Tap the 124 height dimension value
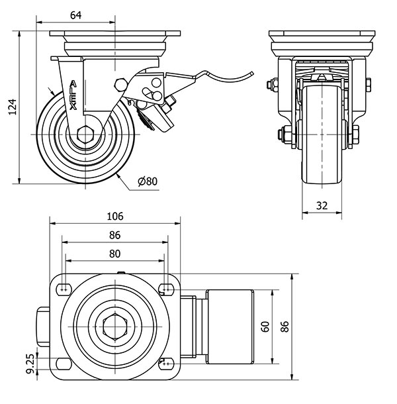(x=11, y=107)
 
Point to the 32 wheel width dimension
(x=322, y=205)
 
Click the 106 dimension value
(x=114, y=216)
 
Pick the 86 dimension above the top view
(x=114, y=234)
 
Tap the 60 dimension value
(x=265, y=327)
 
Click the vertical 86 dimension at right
(x=285, y=327)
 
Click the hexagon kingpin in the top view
(x=114, y=327)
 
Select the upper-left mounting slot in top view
(x=64, y=288)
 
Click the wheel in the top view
(x=228, y=327)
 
